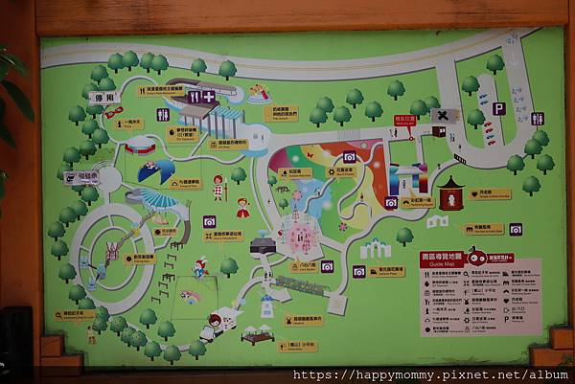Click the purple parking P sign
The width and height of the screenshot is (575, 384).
point(498,109)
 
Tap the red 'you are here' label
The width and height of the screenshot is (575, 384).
point(405,121)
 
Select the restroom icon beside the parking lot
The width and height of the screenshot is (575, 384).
point(537,119)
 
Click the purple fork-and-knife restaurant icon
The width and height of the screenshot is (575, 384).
point(194,97)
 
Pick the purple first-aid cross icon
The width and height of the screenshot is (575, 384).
point(209,97)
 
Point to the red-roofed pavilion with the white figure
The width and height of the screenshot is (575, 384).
point(450,192)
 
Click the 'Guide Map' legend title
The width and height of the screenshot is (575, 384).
point(443,258)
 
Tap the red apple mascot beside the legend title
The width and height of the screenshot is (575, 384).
point(476,259)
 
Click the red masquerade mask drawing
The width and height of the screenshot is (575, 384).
point(113,112)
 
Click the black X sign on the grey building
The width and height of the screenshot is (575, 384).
point(441,115)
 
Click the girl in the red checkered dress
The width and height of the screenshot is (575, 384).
point(218,186)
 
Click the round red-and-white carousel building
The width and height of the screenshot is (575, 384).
point(140,146)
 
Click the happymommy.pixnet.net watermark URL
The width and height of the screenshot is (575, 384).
point(431,374)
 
